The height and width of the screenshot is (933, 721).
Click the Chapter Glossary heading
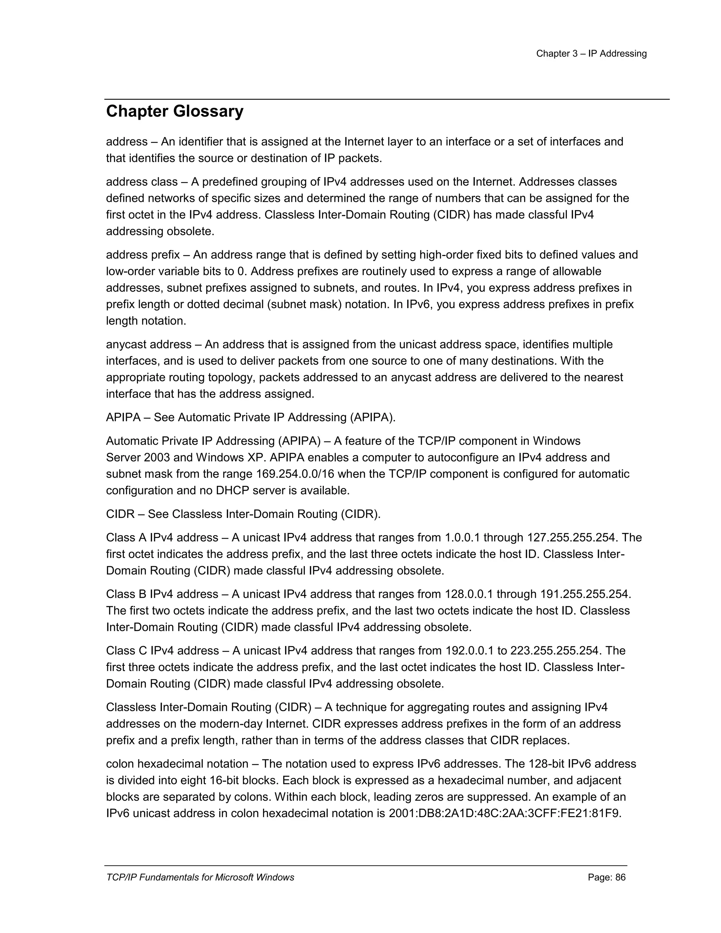point(175,112)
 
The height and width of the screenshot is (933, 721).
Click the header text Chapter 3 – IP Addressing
point(591,54)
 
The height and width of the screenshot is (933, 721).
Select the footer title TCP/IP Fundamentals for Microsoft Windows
point(200,877)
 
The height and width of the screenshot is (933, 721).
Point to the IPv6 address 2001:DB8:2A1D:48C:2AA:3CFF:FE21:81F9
point(504,813)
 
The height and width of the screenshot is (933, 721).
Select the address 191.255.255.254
point(585,594)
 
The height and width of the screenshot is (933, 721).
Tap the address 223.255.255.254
point(555,651)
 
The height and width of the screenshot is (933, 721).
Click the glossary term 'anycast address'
point(149,345)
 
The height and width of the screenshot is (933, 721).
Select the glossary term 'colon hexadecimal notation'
point(177,764)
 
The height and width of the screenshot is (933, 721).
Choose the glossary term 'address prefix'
point(143,255)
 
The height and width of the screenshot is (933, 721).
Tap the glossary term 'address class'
point(142,182)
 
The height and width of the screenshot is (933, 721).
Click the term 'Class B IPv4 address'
point(162,594)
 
